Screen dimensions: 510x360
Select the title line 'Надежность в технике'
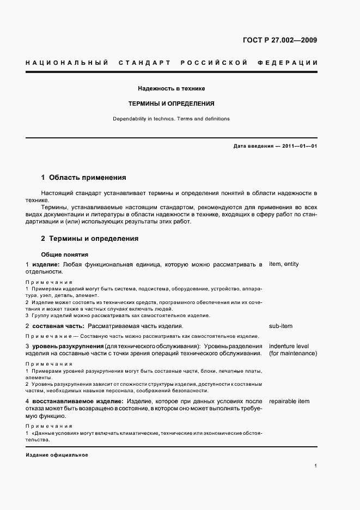pyautogui.click(x=171, y=88)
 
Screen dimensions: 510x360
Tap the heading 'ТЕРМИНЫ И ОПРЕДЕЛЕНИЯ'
pyautogui.click(x=171, y=103)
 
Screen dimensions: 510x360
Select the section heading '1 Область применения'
pyautogui.click(x=84, y=177)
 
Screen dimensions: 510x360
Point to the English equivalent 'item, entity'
pyautogui.click(x=284, y=264)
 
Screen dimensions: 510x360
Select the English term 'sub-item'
pyautogui.click(x=280, y=326)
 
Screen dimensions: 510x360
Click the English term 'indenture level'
pyautogui.click(x=289, y=346)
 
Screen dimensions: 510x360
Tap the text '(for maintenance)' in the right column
pyautogui.click(x=293, y=353)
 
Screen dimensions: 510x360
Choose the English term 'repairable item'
pyautogui.click(x=289, y=402)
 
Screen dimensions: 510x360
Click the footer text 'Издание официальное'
pyautogui.click(x=57, y=454)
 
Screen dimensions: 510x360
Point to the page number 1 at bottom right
pyautogui.click(x=316, y=466)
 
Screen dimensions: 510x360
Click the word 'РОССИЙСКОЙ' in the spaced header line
pyautogui.click(x=215, y=63)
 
